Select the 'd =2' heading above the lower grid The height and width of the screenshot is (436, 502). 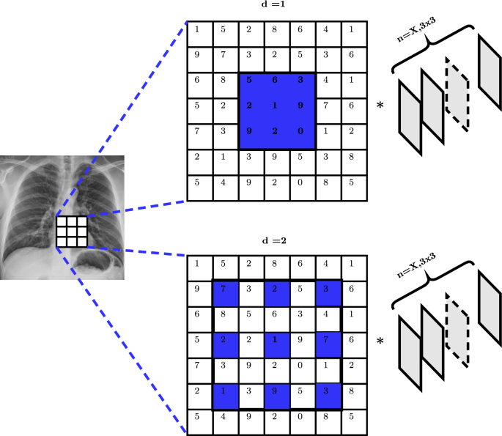tap(277, 241)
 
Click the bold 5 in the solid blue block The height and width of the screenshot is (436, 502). tap(250, 79)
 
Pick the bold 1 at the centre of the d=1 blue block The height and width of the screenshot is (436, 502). tap(276, 106)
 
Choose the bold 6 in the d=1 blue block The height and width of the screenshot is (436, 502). tap(276, 79)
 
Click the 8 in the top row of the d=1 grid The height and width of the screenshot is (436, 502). tap(276, 30)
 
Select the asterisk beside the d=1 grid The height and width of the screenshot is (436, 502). tap(380, 106)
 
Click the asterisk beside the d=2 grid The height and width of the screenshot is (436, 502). tap(380, 341)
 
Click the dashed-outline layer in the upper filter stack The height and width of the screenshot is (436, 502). tap(457, 95)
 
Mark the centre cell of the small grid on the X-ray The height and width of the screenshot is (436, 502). tap(72, 232)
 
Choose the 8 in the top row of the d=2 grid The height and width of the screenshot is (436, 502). tap(276, 264)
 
